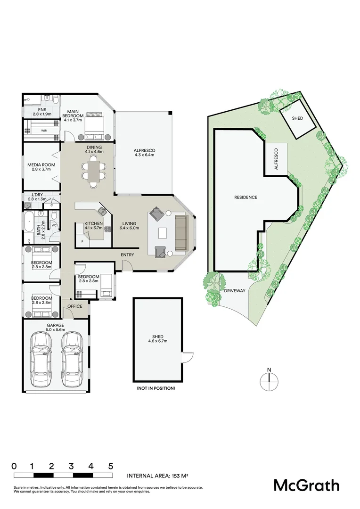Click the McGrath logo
[x=307, y=485]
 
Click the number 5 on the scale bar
[x=111, y=466]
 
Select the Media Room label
[x=41, y=168]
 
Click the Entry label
[x=127, y=255]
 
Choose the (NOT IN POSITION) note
[x=156, y=388]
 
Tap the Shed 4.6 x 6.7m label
[x=158, y=338]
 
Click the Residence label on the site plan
[x=245, y=197]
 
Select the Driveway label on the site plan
[x=235, y=291]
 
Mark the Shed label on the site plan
[x=297, y=118]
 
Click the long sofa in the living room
[x=181, y=233]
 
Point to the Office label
[x=74, y=306]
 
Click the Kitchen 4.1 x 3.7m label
[x=93, y=226]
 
